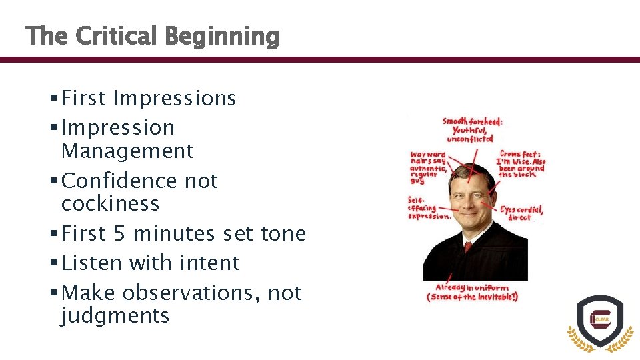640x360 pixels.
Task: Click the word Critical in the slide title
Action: coord(117,36)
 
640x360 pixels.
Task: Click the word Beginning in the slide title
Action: coord(222,37)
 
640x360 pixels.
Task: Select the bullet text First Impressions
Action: coord(149,98)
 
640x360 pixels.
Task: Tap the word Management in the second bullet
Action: coord(127,151)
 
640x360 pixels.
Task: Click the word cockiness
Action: coord(110,203)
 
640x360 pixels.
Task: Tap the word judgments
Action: coord(115,315)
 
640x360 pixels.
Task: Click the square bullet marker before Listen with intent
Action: coord(53,263)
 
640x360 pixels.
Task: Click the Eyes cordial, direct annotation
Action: coord(521,213)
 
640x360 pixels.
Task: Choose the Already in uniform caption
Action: coord(472,292)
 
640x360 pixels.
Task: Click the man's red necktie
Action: coord(468,247)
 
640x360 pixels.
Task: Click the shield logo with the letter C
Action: coord(599,319)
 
